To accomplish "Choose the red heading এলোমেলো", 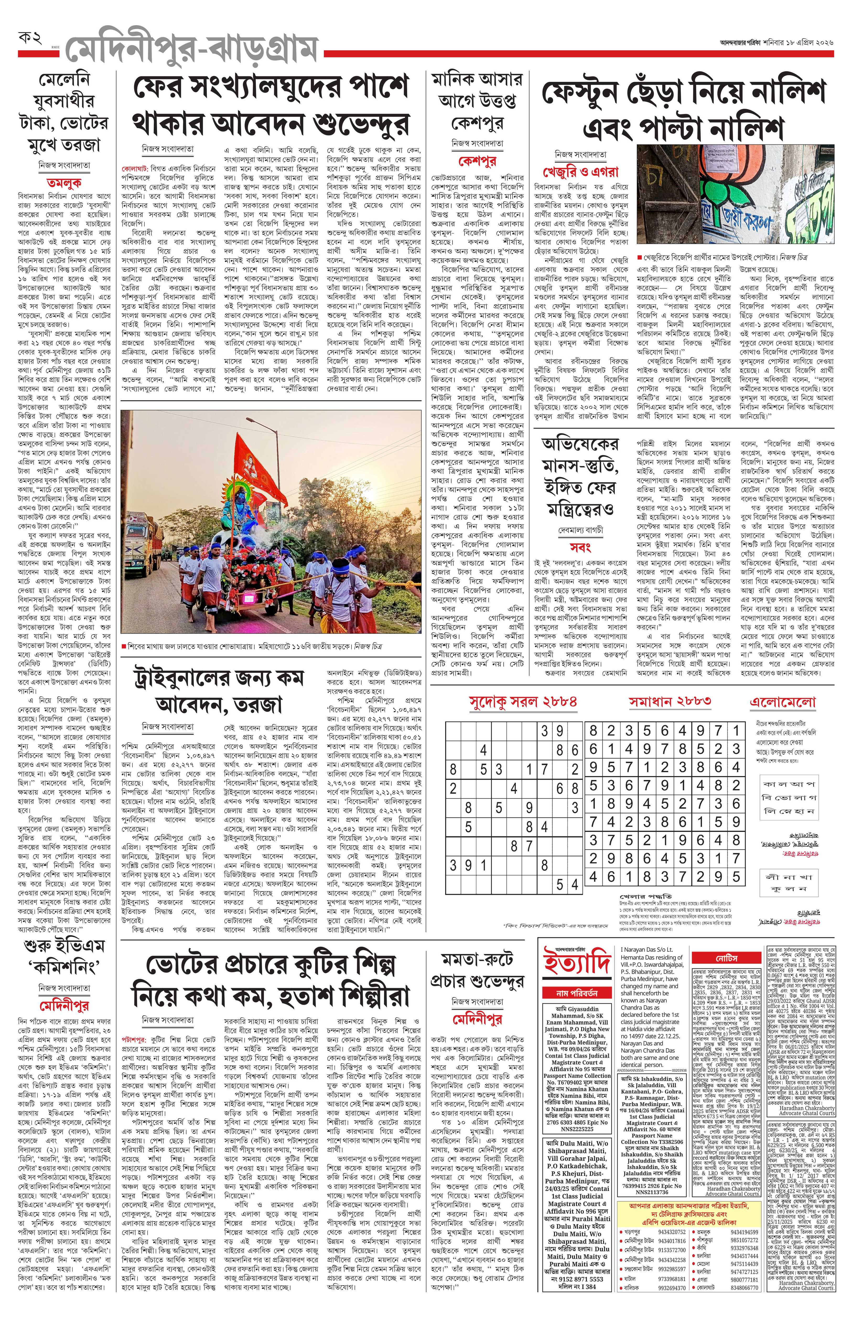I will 783,702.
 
